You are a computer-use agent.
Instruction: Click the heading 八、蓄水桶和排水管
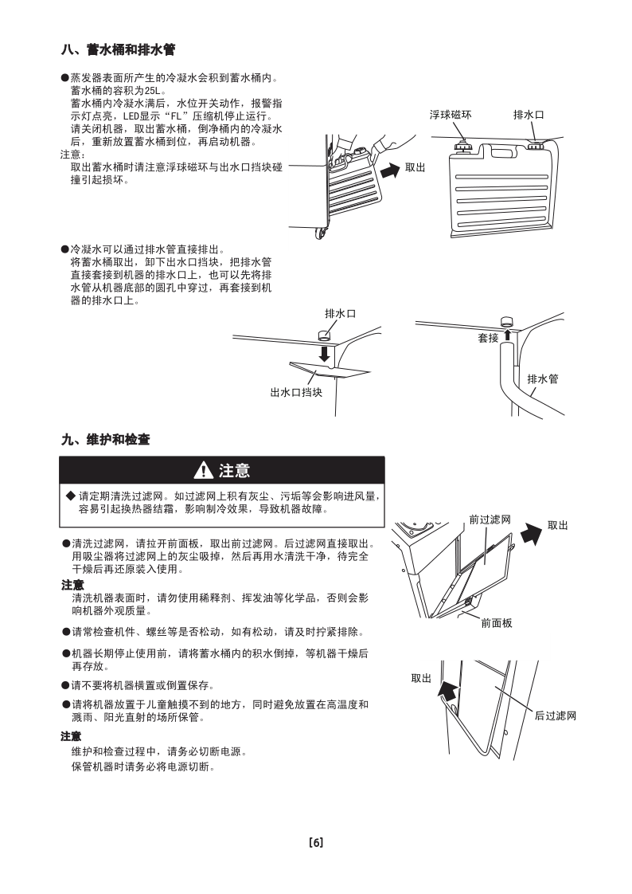[118, 49]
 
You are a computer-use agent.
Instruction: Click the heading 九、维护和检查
[106, 440]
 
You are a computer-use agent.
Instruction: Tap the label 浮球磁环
[451, 115]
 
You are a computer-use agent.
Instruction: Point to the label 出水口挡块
[296, 392]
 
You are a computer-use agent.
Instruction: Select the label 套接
[488, 338]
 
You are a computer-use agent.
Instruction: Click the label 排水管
[543, 378]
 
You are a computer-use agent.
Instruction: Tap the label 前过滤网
[490, 519]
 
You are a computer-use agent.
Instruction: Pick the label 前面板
[497, 623]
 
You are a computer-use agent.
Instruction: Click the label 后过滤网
[555, 716]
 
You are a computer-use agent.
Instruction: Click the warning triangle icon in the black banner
[205, 471]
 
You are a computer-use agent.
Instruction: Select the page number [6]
[316, 842]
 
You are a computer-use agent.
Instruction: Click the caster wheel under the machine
[322, 234]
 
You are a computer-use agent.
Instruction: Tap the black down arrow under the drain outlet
[324, 352]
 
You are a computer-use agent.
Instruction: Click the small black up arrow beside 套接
[506, 335]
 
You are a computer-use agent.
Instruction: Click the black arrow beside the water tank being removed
[390, 171]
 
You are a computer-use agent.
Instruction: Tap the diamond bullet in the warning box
[70, 496]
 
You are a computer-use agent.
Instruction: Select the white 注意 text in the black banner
[234, 471]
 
